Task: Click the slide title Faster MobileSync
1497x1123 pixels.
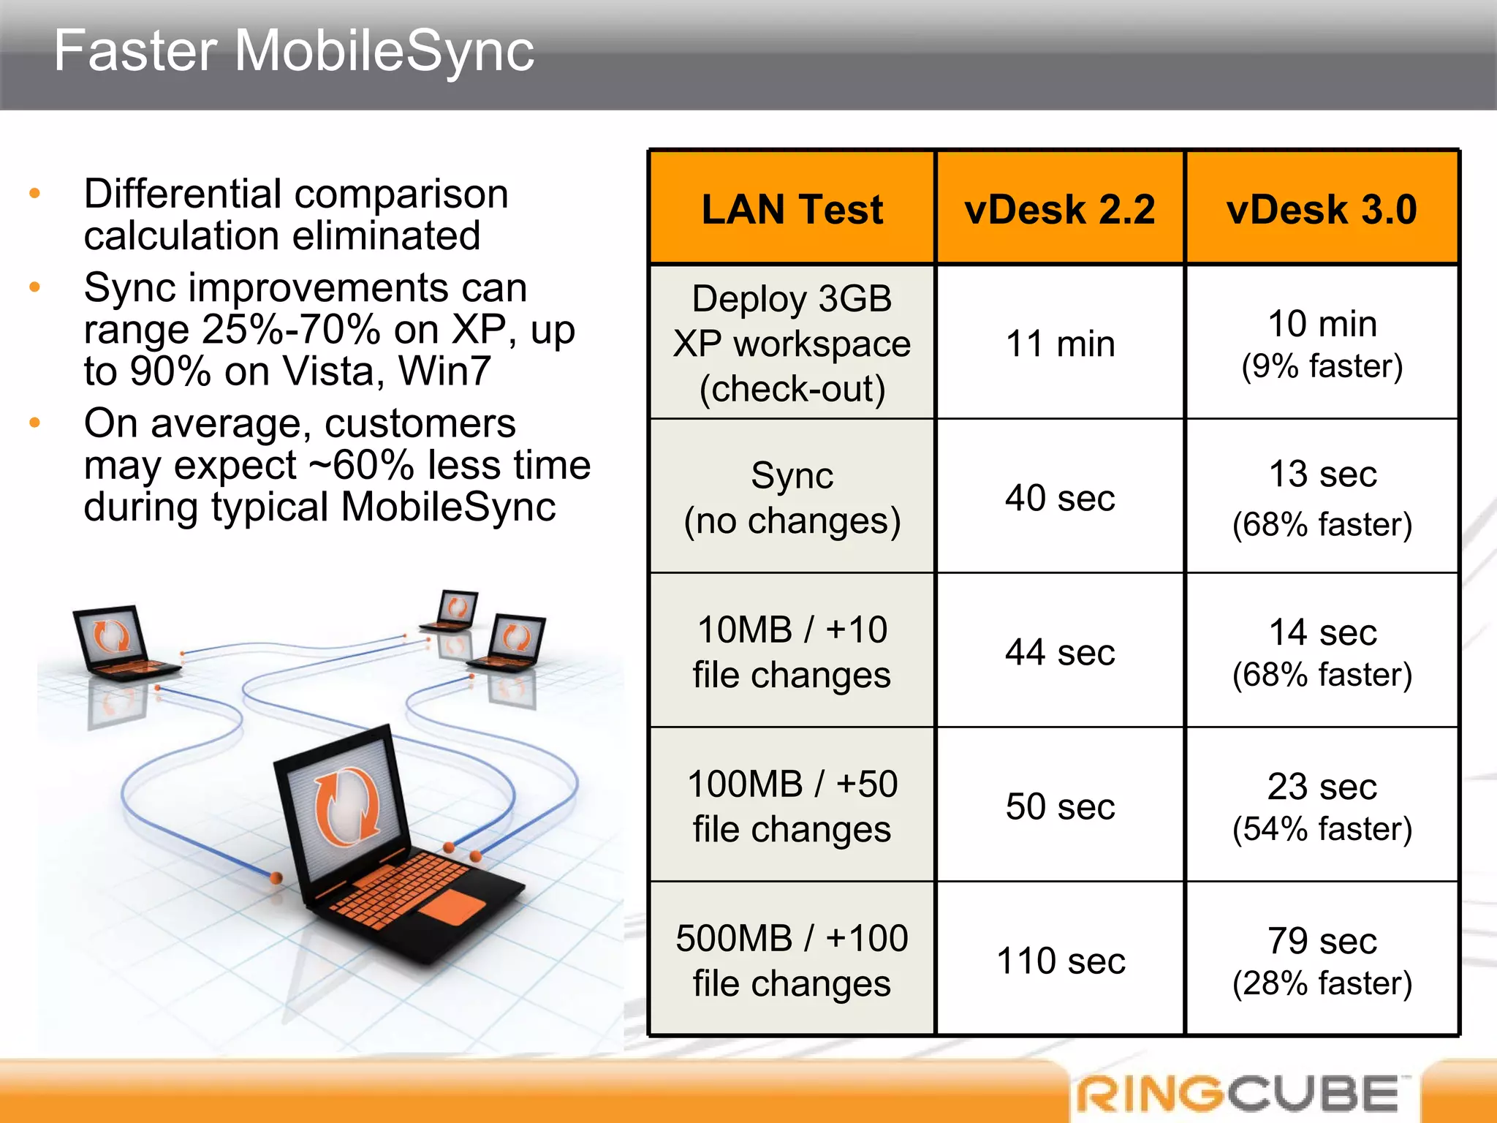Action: pyautogui.click(x=294, y=51)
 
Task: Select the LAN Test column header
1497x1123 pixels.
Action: pyautogui.click(x=792, y=209)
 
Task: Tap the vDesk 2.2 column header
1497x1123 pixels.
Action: pyautogui.click(x=1059, y=209)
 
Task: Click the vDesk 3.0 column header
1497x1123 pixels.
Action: pyautogui.click(x=1322, y=209)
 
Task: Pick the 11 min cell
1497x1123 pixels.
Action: pyautogui.click(x=1060, y=344)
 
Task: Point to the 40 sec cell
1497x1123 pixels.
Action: pyautogui.click(x=1060, y=498)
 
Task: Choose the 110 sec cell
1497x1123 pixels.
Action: pyautogui.click(x=1060, y=961)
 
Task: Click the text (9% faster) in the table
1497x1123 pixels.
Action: pyautogui.click(x=1322, y=366)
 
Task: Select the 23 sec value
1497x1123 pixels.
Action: pyautogui.click(x=1322, y=787)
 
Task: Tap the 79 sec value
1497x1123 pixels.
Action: pyautogui.click(x=1322, y=941)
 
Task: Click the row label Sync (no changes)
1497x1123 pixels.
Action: pyautogui.click(x=792, y=498)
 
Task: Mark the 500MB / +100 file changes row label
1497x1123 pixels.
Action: pyautogui.click(x=792, y=961)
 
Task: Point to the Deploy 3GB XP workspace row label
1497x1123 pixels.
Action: pyautogui.click(x=792, y=344)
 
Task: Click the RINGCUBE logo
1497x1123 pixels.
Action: pyautogui.click(x=1239, y=1094)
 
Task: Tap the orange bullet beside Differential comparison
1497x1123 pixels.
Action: pyautogui.click(x=34, y=194)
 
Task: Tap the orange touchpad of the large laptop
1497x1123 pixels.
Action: pyautogui.click(x=451, y=907)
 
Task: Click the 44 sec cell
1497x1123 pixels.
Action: pyautogui.click(x=1060, y=652)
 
